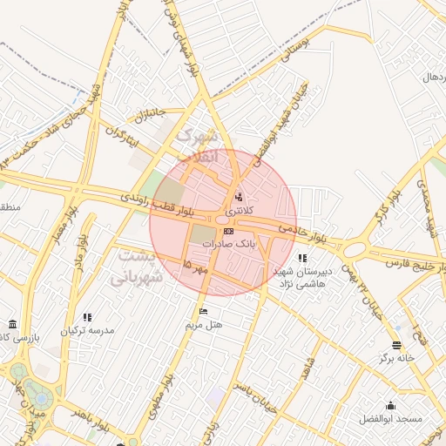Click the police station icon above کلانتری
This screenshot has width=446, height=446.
click(239, 195)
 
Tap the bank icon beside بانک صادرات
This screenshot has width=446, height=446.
click(228, 231)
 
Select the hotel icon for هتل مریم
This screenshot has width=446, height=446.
click(204, 311)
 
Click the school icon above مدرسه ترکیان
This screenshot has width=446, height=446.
click(86, 317)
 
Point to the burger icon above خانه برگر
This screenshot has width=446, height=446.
click(397, 345)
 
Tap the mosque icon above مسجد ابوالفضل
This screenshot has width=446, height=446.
click(389, 405)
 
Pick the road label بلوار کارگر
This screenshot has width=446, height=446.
click(377, 208)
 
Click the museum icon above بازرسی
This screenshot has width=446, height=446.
click(11, 323)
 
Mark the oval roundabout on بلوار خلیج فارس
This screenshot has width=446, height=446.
click(354, 250)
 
